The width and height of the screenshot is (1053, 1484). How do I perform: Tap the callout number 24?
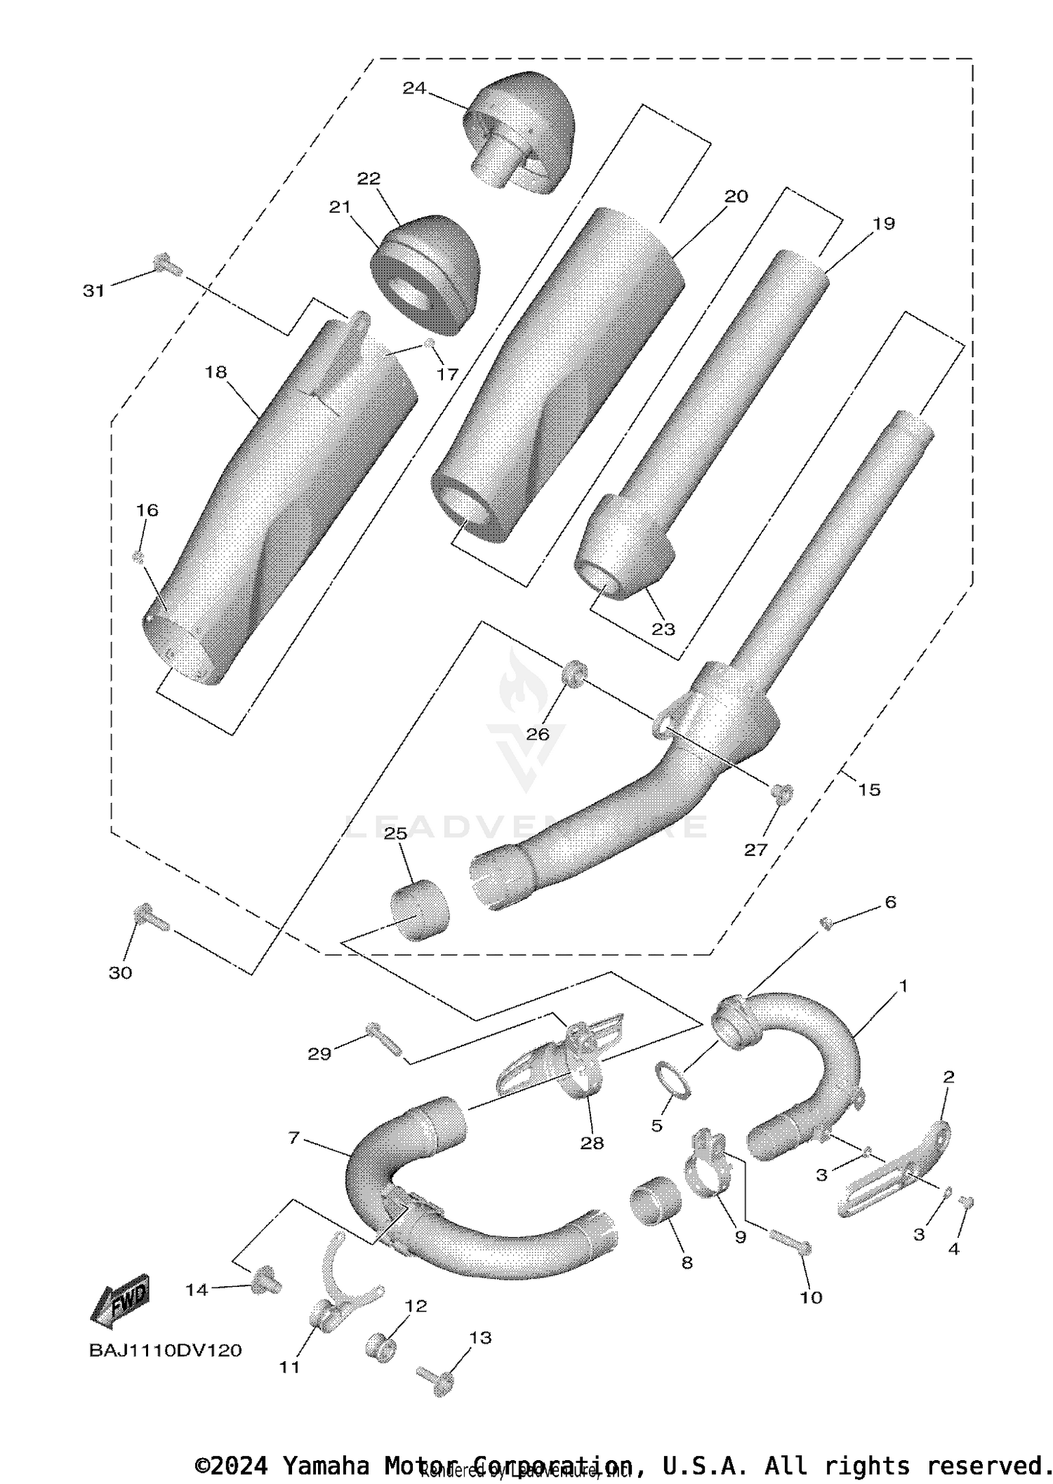tap(414, 88)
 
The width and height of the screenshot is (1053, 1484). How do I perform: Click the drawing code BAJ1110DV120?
tap(165, 1351)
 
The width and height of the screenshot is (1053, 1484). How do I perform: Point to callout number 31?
tap(93, 290)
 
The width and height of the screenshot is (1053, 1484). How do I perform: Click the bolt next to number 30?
tap(150, 917)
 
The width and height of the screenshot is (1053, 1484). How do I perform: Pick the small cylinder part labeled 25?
tap(419, 910)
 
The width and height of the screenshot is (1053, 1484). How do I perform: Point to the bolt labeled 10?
tap(790, 1241)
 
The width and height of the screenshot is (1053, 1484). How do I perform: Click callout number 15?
tap(868, 790)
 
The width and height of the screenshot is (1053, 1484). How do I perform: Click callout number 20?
tap(736, 197)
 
